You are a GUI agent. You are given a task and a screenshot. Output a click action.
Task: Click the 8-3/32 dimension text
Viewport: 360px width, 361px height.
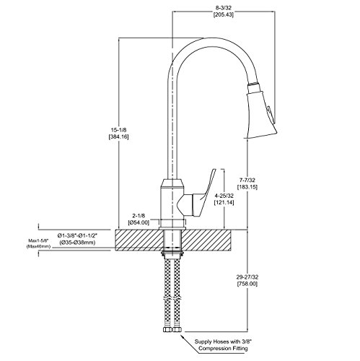pyautogui.click(x=224, y=9)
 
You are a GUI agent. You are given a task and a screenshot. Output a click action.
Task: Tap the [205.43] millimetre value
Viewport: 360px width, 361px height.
pyautogui.click(x=224, y=15)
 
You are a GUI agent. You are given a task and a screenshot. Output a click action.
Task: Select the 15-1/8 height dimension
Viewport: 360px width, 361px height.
pyautogui.click(x=119, y=130)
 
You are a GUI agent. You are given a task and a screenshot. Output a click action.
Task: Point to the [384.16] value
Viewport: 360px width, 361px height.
pyautogui.click(x=119, y=137)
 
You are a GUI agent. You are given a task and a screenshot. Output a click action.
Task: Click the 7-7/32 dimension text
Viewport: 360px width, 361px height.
pyautogui.click(x=247, y=180)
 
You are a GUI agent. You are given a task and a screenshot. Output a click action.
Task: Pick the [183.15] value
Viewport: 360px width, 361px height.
pyautogui.click(x=247, y=187)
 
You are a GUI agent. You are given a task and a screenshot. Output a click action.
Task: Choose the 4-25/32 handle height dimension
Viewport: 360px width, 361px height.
pyautogui.click(x=224, y=196)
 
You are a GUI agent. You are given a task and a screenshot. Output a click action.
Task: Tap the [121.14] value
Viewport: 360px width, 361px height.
pyautogui.click(x=224, y=202)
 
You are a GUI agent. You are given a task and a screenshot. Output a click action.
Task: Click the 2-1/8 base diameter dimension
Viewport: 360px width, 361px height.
pyautogui.click(x=139, y=216)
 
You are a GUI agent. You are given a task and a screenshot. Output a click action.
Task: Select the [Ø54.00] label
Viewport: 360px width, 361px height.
pyautogui.click(x=139, y=222)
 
